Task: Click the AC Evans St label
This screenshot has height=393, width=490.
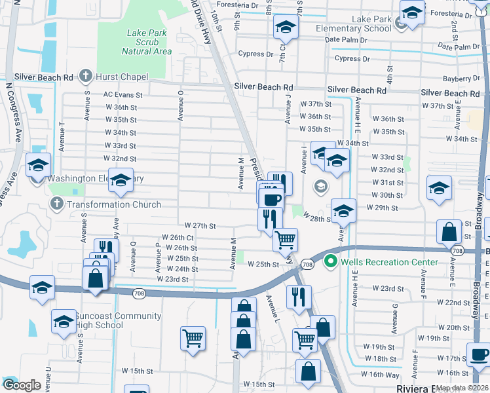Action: pyautogui.click(x=122, y=95)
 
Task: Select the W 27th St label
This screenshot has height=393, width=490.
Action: pyautogui.click(x=200, y=225)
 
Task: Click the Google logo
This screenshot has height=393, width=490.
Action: pyautogui.click(x=22, y=385)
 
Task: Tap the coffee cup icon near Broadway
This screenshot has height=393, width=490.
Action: pyautogui.click(x=479, y=355)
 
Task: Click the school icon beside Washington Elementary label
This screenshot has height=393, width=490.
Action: pyautogui.click(x=39, y=166)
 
